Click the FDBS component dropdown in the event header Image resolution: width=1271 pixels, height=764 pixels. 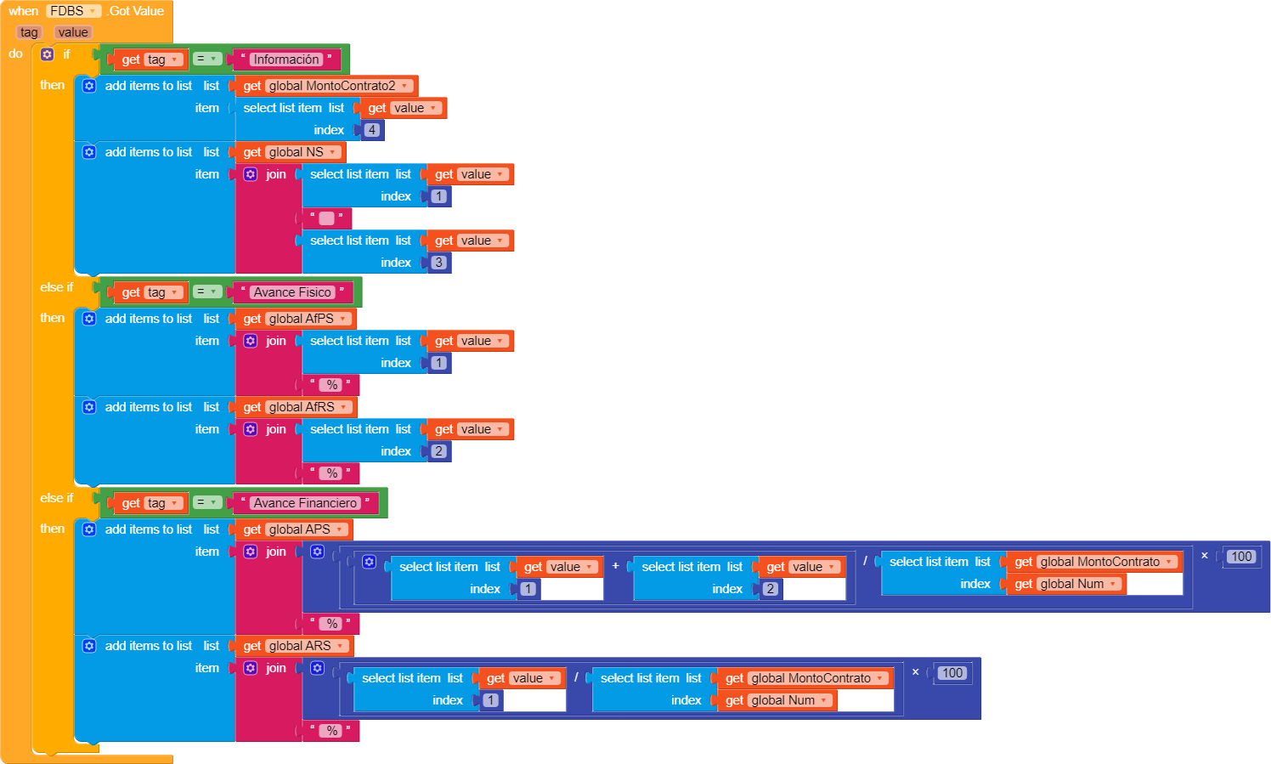point(72,11)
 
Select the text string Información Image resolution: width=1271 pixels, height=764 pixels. point(285,59)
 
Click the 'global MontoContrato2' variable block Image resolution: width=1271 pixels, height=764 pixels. point(331,86)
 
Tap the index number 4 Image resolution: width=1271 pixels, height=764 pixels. point(372,130)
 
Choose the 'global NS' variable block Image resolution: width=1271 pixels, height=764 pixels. point(296,152)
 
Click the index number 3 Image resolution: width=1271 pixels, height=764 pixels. point(438,263)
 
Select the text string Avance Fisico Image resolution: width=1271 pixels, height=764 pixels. point(291,292)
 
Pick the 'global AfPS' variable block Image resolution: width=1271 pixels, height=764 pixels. point(301,319)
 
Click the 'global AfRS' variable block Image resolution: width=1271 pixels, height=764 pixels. point(302,407)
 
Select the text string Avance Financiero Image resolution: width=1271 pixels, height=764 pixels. point(305,503)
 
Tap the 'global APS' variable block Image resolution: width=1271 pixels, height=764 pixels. point(299,529)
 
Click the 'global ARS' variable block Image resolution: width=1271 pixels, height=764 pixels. point(300,646)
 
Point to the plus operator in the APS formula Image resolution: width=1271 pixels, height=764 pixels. point(616,566)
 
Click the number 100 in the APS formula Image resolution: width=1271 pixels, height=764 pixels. point(1241,557)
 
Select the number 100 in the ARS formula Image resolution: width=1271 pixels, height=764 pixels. point(952,673)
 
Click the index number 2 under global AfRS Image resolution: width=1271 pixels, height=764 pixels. point(438,451)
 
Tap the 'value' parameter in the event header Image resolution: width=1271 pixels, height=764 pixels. point(73,32)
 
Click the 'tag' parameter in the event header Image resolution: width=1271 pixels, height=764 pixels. point(29,32)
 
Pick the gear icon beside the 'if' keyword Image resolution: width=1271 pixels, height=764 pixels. point(48,54)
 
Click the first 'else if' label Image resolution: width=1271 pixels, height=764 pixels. point(57,287)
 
